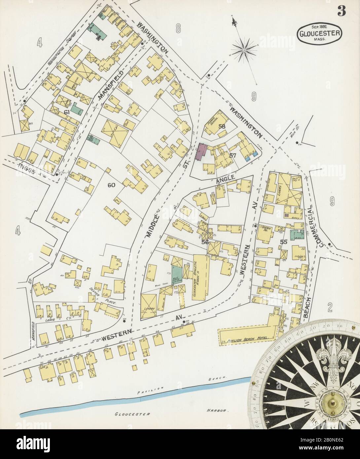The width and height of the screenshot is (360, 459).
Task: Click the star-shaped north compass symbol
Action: click(x=244, y=50)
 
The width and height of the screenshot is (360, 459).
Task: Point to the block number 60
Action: click(x=112, y=185)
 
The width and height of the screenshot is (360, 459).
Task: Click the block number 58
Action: click(x=222, y=126)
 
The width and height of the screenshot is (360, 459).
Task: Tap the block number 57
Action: click(x=233, y=155)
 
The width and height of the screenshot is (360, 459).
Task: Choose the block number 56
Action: click(x=205, y=242)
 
